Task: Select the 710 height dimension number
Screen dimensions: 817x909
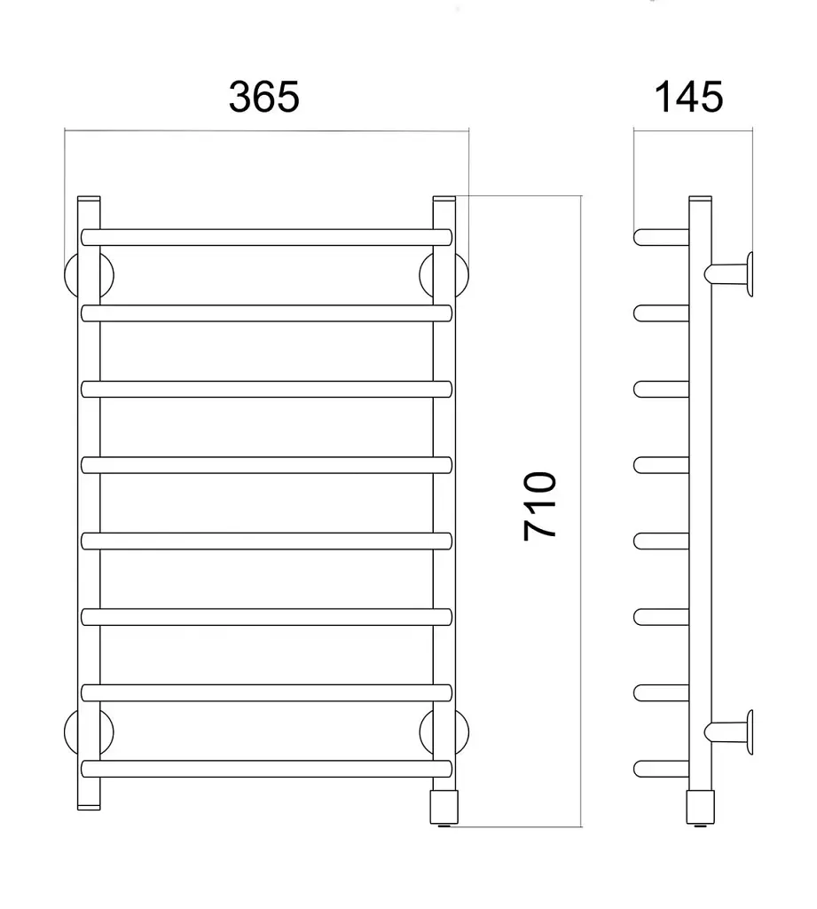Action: tap(540, 506)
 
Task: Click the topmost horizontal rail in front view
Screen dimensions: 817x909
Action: tap(266, 237)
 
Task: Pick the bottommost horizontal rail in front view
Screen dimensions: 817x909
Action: tap(266, 769)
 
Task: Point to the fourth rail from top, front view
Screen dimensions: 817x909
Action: tap(266, 465)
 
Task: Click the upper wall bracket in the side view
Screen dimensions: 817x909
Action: tap(729, 274)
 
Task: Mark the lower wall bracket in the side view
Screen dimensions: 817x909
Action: tap(729, 731)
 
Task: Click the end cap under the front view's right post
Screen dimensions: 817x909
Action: tap(444, 808)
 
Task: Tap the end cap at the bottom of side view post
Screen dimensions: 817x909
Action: tap(701, 808)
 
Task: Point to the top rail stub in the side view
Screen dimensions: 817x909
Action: tap(661, 237)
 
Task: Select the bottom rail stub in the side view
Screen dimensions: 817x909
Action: tap(661, 769)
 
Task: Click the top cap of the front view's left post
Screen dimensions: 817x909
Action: tap(89, 198)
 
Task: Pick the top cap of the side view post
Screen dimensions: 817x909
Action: tap(701, 198)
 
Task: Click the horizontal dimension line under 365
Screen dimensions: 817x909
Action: tap(266, 131)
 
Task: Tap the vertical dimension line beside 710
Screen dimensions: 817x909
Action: tap(580, 510)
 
